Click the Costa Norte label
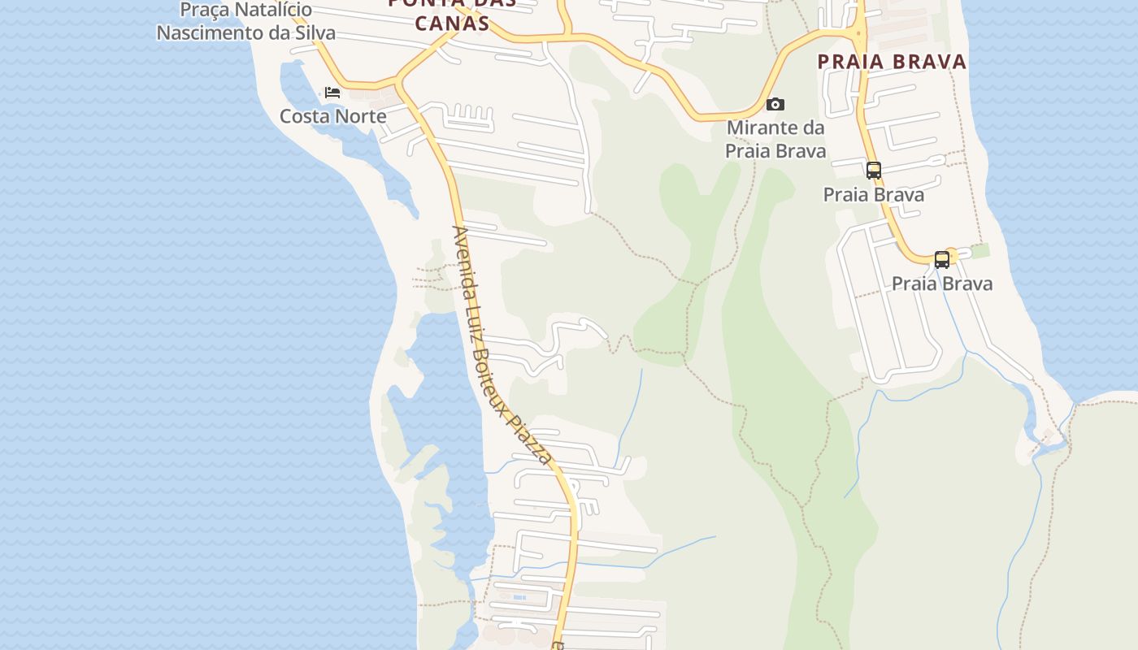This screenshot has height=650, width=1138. pyautogui.click(x=332, y=116)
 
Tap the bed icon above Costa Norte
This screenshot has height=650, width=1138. pyautogui.click(x=332, y=93)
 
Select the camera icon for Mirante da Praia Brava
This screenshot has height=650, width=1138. pyautogui.click(x=775, y=104)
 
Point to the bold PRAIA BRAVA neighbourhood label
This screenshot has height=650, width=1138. pyautogui.click(x=892, y=62)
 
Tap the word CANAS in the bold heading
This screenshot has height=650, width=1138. pyautogui.click(x=453, y=23)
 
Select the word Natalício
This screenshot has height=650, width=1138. pyautogui.click(x=274, y=11)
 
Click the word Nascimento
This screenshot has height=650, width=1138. pyautogui.click(x=206, y=33)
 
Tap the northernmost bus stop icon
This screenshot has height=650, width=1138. pyautogui.click(x=874, y=171)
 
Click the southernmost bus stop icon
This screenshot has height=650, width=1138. pyautogui.click(x=941, y=260)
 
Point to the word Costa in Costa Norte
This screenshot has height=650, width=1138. pyautogui.click(x=304, y=116)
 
